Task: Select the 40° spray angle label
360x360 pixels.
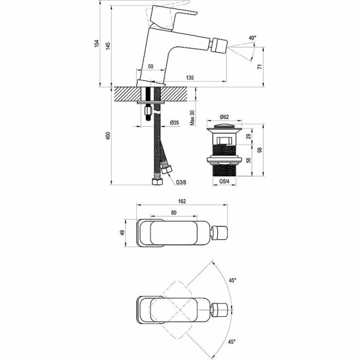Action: pyautogui.click(x=253, y=38)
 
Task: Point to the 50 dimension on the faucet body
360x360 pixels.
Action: pyautogui.click(x=150, y=66)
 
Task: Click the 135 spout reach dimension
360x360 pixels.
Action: pyautogui.click(x=190, y=77)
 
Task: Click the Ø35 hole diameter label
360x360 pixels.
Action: pyautogui.click(x=175, y=123)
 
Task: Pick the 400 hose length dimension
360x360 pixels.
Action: pyautogui.click(x=109, y=137)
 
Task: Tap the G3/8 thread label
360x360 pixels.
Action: pyautogui.click(x=181, y=182)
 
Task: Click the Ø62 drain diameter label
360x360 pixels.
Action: pyautogui.click(x=225, y=116)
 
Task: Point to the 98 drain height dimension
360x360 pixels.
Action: pyautogui.click(x=259, y=151)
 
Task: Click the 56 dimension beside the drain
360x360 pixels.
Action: pyautogui.click(x=248, y=161)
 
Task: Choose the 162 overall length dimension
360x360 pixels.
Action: pyautogui.click(x=182, y=201)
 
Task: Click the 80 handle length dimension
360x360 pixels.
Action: pyautogui.click(x=174, y=212)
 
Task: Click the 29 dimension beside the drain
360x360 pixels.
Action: pyautogui.click(x=248, y=137)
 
